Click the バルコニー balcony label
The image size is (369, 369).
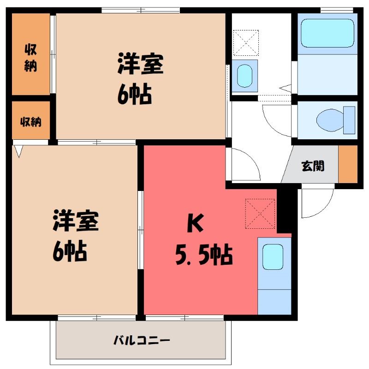142,340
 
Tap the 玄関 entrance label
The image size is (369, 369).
313,166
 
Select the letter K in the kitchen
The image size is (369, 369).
195,223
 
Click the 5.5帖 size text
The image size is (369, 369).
204,256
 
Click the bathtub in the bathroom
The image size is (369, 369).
327,33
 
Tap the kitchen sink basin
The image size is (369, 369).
273,257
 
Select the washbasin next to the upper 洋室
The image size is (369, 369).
244,76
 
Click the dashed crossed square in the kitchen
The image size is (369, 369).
260,214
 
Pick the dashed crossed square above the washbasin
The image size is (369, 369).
246,42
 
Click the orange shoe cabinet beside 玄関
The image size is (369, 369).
348,164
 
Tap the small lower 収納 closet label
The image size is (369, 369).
30,122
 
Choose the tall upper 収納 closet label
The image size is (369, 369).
30,58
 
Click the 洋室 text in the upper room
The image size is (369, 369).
141,64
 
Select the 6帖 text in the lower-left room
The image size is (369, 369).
70,251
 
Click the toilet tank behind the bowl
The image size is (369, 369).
349,120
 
